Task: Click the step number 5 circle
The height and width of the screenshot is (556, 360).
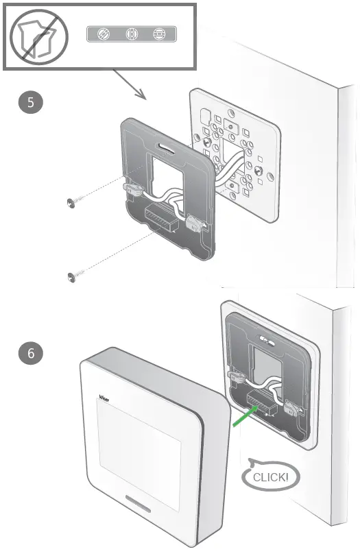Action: tap(30, 103)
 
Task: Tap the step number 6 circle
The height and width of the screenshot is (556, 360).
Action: tap(30, 354)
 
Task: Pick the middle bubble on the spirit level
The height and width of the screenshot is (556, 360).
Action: tap(131, 34)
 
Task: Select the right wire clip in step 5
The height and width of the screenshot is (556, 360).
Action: tap(194, 223)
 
